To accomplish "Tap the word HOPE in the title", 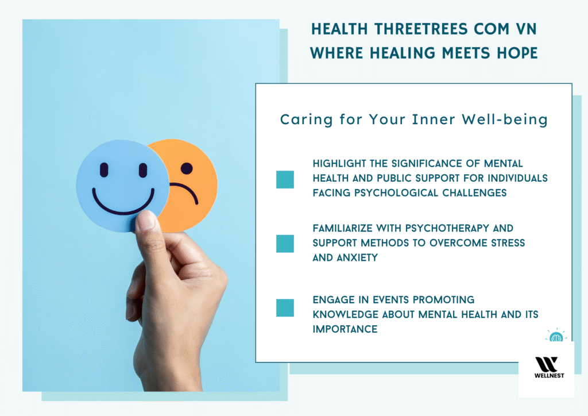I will (516, 53).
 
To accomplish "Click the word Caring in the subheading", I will (299, 120).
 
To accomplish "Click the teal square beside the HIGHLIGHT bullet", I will (285, 179).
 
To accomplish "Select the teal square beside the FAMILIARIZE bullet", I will (285, 244).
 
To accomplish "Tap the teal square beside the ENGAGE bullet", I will (285, 307).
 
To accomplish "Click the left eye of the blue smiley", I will (104, 170).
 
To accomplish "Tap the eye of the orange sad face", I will (186, 168).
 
